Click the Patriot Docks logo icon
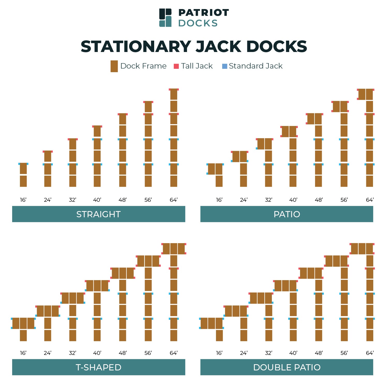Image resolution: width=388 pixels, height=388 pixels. point(165,18)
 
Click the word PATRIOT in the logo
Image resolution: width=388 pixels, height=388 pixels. point(204,12)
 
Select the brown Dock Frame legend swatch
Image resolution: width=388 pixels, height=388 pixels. point(114,66)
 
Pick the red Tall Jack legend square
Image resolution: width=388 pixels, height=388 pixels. point(176,66)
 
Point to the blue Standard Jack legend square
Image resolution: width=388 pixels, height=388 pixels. point(225,66)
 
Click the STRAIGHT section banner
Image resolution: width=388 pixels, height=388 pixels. point(99,214)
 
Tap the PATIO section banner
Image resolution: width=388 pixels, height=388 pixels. point(287,214)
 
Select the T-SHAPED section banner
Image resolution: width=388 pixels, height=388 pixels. point(99,367)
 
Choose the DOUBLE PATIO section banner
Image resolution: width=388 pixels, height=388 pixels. point(287,367)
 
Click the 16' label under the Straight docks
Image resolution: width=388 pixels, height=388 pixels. point(23,200)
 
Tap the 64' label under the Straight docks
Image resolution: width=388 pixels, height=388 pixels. point(174,200)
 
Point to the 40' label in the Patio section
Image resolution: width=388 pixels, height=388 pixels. point(293,200)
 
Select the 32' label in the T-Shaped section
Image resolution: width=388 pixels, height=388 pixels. point(73,353)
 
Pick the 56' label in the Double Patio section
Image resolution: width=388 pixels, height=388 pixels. point(344,353)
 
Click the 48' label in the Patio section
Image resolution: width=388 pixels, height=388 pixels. point(319,200)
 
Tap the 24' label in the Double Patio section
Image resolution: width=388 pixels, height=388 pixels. point(244,353)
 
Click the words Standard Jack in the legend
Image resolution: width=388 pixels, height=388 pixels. point(256,66)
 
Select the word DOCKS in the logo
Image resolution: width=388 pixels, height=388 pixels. point(198,23)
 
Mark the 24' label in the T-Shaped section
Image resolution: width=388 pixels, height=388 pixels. point(48,353)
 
